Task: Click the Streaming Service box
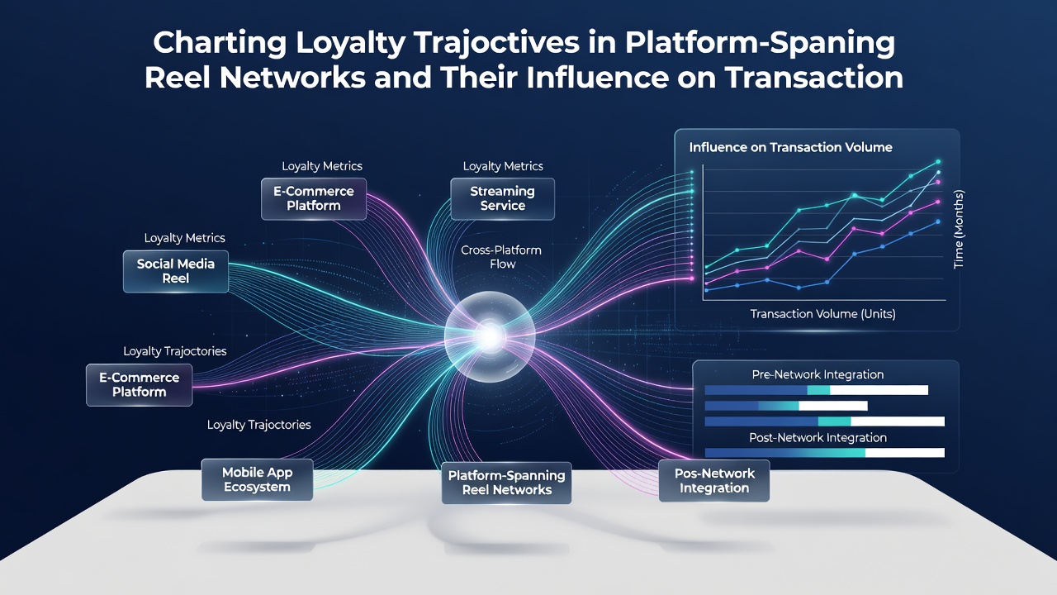pos(503,199)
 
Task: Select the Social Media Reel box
pos(176,272)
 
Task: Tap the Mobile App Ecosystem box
pos(257,480)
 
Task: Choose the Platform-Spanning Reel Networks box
pos(506,483)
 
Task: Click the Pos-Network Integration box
pos(714,481)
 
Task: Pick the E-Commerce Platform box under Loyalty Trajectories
pos(140,385)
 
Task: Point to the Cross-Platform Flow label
pos(501,257)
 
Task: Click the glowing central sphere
pos(490,336)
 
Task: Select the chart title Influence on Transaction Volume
pos(790,147)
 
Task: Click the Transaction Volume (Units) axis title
pos(823,314)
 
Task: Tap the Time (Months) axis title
pos(959,229)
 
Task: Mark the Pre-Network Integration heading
pos(818,374)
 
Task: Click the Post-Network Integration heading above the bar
pos(818,438)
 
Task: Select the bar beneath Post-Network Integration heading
pos(825,453)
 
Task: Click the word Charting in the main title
pos(220,44)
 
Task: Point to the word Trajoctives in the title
pos(496,44)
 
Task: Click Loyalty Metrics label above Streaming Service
pos(503,166)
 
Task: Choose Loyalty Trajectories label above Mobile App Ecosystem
pos(259,425)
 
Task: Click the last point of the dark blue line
pos(938,221)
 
